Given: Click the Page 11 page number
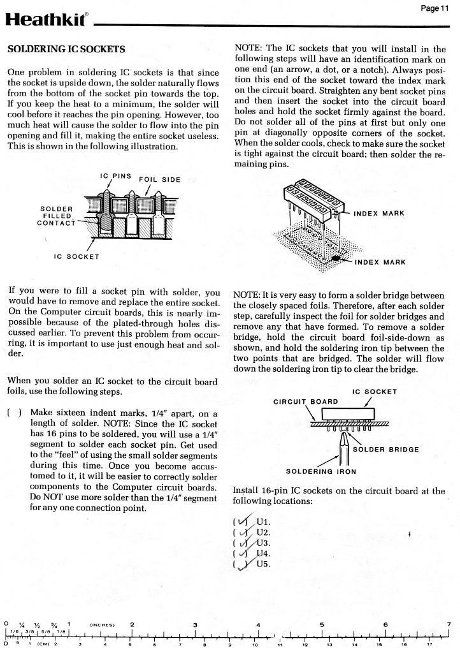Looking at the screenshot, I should click(x=435, y=8).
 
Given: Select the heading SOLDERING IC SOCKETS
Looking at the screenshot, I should click(x=66, y=49).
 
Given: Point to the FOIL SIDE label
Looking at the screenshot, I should click(x=159, y=179).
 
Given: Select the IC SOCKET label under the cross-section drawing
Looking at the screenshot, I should click(x=76, y=257).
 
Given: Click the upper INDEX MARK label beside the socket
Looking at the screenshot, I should click(x=378, y=213).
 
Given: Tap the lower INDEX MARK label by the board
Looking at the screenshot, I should click(x=380, y=261).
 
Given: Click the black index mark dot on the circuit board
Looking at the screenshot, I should click(x=334, y=258).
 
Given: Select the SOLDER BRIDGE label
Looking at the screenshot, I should click(x=385, y=449).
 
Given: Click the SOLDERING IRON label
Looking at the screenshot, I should click(x=320, y=471).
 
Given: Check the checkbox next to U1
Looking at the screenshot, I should click(x=241, y=521).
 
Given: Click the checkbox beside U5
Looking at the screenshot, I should click(x=241, y=564).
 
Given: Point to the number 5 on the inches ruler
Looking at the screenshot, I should click(x=322, y=624).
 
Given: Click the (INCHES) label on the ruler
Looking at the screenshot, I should click(x=101, y=624).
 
